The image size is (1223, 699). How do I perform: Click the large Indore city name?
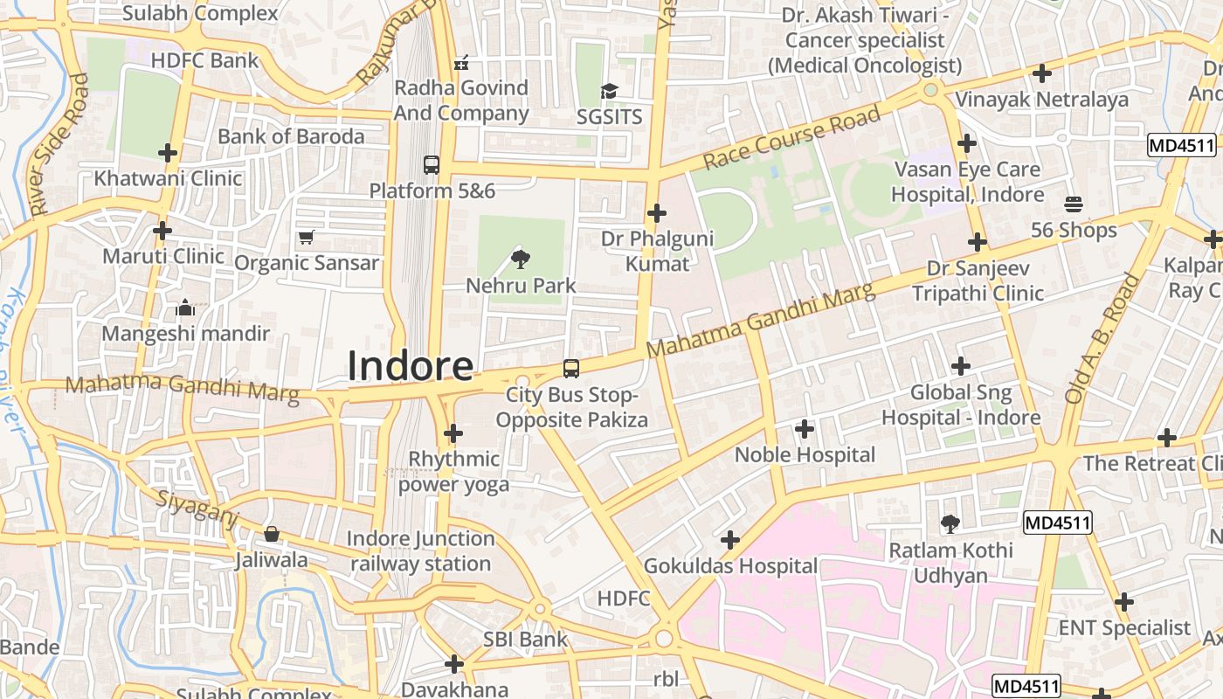coord(411,366)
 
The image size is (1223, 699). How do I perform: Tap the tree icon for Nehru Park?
coord(521,258)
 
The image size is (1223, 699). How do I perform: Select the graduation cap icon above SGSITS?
coord(609,91)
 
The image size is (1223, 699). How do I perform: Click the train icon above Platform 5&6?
coord(432,164)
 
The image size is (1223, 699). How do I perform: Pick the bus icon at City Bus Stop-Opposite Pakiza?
coord(571,369)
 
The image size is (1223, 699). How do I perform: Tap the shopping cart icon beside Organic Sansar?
coord(307,237)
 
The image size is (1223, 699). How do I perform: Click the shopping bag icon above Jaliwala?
coord(272,534)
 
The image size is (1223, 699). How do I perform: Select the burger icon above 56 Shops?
coord(1074,204)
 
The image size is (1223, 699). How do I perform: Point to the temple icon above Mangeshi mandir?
coord(185,308)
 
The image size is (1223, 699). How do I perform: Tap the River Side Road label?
coord(59,144)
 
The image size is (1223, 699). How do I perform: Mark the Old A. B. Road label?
coord(1102,338)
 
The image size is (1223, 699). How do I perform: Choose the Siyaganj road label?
coord(197,509)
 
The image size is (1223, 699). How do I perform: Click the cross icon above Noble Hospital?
coord(805,429)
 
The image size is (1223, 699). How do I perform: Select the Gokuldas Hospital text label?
coord(730,566)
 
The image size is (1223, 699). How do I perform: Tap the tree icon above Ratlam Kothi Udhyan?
coord(950,524)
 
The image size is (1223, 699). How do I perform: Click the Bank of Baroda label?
coord(291,136)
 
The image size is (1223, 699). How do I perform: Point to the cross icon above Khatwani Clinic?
coord(168,153)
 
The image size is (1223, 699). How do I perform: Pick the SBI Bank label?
coord(526,640)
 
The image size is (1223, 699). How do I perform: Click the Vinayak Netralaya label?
coord(1041,100)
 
